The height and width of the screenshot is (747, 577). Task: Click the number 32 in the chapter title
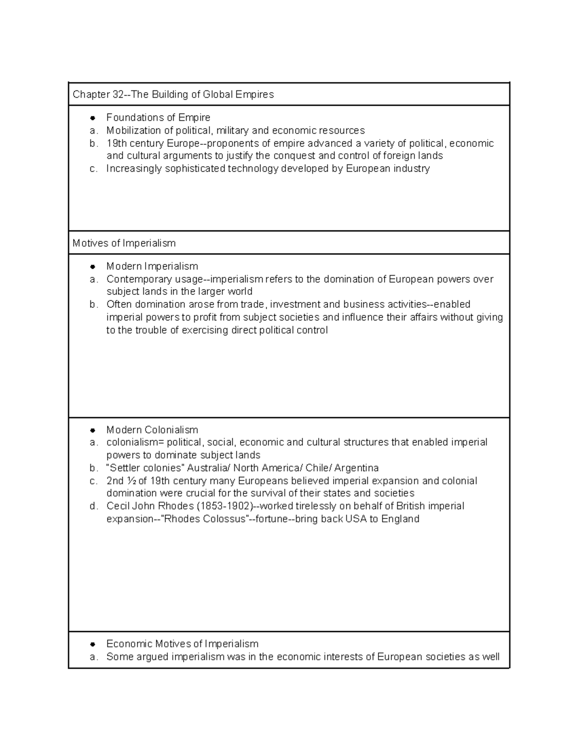(x=118, y=95)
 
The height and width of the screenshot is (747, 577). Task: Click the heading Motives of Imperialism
(x=124, y=243)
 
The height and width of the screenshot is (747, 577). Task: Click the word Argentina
(x=356, y=468)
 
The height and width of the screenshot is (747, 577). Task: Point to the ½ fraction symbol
(x=132, y=481)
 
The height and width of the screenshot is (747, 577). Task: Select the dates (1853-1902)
(x=225, y=506)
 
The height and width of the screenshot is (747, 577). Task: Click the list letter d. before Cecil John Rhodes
(x=93, y=506)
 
